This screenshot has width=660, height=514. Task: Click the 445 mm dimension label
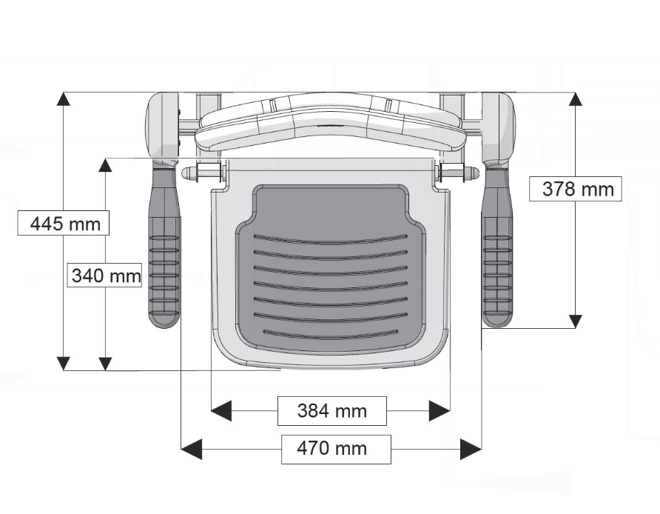64,223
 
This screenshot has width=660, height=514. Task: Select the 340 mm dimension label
105,276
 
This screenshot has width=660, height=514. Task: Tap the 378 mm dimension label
577,189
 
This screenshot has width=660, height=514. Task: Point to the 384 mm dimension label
331,410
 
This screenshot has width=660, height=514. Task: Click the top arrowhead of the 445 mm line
64,99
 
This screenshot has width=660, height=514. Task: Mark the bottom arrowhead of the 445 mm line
64,363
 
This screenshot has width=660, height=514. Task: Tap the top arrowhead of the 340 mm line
105,165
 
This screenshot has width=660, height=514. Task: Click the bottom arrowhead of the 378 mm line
575,321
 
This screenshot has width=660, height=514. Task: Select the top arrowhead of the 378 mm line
575,99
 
